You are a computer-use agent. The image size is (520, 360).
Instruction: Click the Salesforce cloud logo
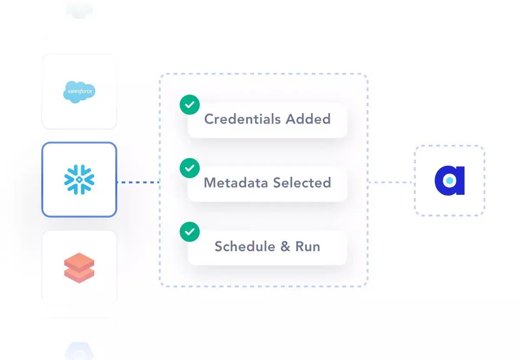(x=79, y=92)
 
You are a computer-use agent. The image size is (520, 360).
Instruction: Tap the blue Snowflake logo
(x=79, y=180)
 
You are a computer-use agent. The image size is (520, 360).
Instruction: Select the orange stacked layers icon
(x=79, y=268)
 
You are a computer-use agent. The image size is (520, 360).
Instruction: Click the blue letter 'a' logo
(x=449, y=180)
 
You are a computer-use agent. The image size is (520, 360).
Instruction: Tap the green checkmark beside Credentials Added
(x=190, y=105)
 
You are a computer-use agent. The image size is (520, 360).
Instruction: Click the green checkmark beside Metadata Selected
(x=190, y=168)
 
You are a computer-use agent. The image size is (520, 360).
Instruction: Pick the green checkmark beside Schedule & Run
(x=190, y=232)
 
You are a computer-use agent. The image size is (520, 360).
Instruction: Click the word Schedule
(x=245, y=247)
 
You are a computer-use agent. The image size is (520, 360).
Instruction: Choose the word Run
(x=308, y=247)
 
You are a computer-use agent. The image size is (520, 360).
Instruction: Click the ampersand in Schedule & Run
(x=285, y=247)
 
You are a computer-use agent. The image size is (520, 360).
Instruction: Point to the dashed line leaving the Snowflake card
(x=138, y=182)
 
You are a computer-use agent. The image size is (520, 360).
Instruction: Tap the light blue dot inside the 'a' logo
(x=450, y=180)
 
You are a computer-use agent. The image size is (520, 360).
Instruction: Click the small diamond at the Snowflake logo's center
(x=79, y=180)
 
